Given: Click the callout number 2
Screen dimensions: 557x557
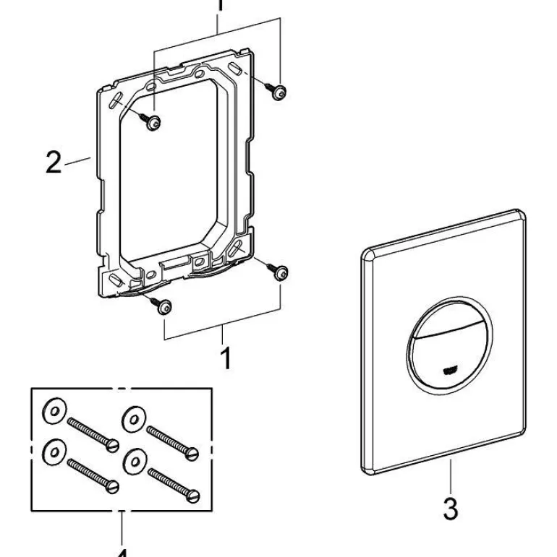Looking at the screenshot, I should coord(54,162).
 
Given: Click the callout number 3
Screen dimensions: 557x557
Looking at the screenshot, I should coord(450,509).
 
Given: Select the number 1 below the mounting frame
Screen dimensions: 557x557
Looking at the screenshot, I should coord(226,358).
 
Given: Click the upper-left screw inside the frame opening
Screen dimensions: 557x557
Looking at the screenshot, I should coord(153,123).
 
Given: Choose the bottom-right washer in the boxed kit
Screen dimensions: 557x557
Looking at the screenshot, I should coord(134,459).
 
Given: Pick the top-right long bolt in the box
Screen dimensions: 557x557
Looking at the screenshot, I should coord(172,440).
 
